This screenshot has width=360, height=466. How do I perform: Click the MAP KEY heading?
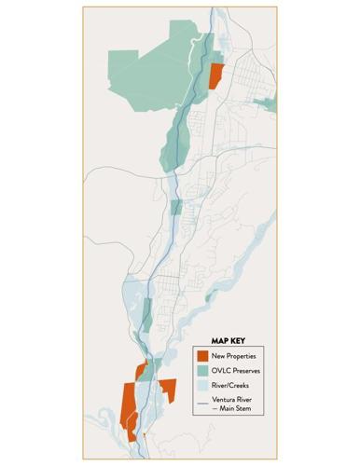coord(225,340)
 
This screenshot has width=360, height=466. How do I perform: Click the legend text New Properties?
coord(234,356)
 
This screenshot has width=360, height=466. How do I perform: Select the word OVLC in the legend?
coord(221,371)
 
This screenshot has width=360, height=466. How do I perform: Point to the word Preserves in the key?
coord(246,371)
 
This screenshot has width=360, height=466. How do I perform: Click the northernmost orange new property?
coord(216,75)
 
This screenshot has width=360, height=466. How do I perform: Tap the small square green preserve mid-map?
coord(176,206)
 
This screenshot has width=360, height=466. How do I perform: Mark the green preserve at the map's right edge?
coord(270,103)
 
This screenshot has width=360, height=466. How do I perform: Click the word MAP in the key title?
coord(215,340)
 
